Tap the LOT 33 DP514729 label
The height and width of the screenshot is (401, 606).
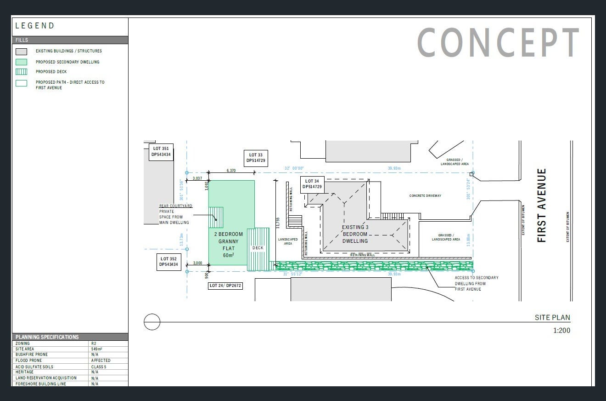point(256,158)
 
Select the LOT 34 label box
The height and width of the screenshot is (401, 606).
point(312,184)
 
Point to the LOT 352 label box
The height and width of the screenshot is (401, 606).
point(168,262)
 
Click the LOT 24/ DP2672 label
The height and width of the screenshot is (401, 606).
point(225,286)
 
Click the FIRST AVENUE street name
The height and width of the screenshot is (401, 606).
point(542,205)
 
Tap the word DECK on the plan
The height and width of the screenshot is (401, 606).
point(258,248)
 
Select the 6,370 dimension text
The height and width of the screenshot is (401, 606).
point(231,171)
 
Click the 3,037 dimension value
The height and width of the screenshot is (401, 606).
point(197,178)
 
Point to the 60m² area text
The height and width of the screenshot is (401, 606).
point(229,255)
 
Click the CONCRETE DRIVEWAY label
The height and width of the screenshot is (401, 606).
point(425,196)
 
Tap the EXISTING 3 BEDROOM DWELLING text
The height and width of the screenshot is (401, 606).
point(355,234)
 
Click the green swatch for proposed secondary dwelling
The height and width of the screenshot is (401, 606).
point(21,62)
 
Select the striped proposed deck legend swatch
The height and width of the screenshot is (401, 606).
point(21,72)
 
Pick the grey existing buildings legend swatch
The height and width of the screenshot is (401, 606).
point(21,52)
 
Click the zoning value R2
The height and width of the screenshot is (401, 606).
point(94,344)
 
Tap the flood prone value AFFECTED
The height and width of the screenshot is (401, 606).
point(101,361)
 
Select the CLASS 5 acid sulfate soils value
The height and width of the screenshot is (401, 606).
point(99,367)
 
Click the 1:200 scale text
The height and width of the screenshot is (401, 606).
point(561,330)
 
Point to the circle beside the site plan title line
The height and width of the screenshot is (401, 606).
point(152,322)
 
